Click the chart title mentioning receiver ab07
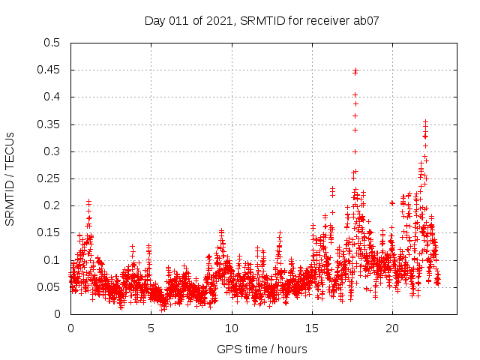click(262, 20)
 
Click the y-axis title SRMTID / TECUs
click(10, 178)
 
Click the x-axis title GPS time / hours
click(262, 349)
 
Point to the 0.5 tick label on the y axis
click(52, 43)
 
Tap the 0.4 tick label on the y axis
click(52, 97)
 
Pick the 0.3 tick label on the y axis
click(52, 151)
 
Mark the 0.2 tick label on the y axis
click(52, 205)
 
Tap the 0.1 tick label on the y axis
click(52, 260)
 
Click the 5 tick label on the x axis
click(151, 328)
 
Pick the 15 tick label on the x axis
click(311, 328)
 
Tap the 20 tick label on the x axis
click(391, 328)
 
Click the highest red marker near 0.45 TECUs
click(355, 70)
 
